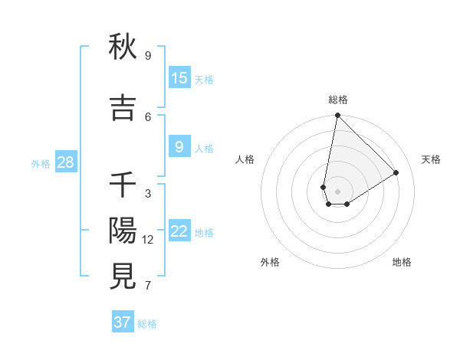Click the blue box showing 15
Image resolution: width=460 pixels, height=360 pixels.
click(x=179, y=78)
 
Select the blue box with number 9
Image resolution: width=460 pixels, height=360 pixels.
click(x=179, y=147)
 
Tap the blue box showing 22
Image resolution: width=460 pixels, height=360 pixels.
click(x=179, y=231)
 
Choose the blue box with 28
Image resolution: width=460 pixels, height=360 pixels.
click(x=65, y=162)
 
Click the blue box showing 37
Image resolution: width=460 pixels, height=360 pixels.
click(x=123, y=322)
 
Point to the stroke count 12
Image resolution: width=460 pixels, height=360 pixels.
click(x=148, y=240)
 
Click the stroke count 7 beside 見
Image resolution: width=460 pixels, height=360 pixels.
click(x=148, y=286)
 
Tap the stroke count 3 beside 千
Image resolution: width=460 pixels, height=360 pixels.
click(x=148, y=194)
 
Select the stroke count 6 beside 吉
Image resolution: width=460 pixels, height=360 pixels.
click(x=148, y=116)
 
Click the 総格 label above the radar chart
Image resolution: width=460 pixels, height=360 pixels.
click(x=338, y=100)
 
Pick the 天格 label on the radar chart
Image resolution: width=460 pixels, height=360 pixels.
click(x=431, y=159)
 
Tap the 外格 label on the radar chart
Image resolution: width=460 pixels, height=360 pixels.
click(x=270, y=262)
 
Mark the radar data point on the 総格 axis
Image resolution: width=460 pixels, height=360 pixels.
click(x=337, y=116)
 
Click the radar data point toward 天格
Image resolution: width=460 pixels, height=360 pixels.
click(x=396, y=172)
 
